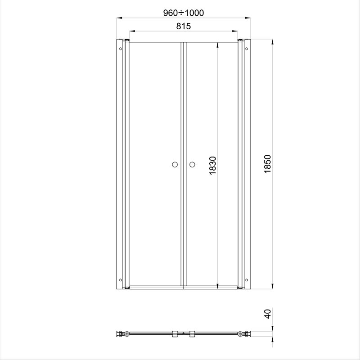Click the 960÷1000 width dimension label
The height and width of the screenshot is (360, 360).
184,13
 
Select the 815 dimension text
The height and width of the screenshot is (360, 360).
184,26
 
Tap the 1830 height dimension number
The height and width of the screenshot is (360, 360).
213,165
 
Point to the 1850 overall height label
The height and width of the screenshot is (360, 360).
268,164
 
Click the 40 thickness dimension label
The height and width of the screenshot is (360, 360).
268,314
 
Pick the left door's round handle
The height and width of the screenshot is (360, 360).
175,165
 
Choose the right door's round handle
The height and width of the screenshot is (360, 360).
192,165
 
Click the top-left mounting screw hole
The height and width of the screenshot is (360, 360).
121,49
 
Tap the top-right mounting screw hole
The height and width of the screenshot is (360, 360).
247,49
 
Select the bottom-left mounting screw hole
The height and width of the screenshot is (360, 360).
121,280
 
